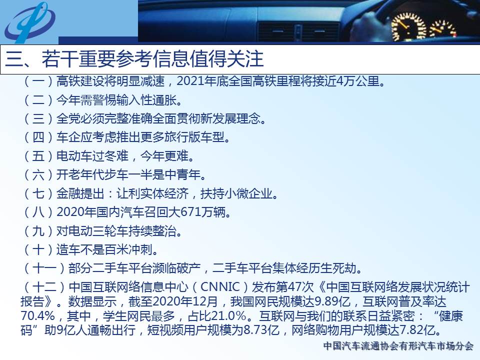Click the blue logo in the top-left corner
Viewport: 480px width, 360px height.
click(x=29, y=21)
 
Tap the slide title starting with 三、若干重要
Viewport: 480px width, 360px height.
click(x=134, y=59)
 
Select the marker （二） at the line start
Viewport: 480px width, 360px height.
click(x=38, y=100)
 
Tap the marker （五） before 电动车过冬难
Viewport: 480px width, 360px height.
click(x=38, y=156)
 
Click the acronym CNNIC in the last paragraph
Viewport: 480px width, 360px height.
click(x=220, y=287)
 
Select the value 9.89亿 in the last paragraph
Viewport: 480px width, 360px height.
click(x=332, y=301)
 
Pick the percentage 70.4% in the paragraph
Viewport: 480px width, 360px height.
click(x=37, y=315)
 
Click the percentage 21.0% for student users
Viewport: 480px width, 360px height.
click(x=229, y=315)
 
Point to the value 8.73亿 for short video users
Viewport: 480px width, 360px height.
click(x=261, y=330)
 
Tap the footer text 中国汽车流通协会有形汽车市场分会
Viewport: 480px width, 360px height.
click(x=398, y=346)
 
